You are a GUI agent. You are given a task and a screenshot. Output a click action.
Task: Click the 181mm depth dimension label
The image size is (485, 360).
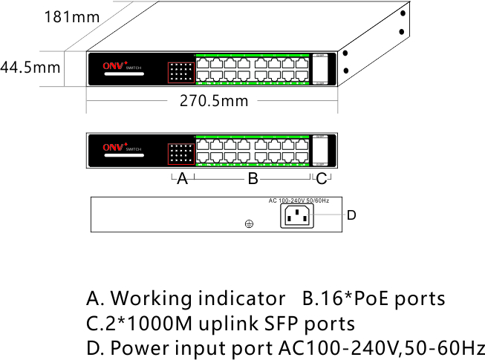click(72, 16)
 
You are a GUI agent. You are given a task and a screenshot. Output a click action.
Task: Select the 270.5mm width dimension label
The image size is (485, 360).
click(214, 101)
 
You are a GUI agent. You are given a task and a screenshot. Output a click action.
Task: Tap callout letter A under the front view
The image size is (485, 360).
click(182, 179)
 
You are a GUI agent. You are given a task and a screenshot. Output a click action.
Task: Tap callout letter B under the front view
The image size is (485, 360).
click(253, 179)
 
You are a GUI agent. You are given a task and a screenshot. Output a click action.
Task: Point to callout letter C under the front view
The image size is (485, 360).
click(321, 179)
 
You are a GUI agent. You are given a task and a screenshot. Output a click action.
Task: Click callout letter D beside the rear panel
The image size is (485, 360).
click(352, 215)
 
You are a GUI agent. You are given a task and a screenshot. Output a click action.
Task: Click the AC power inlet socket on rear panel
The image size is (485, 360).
click(296, 216)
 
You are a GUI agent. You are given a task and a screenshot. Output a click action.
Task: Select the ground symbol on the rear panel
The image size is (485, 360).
click(250, 223)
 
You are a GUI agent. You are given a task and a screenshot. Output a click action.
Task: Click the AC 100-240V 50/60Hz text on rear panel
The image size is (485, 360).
click(299, 201)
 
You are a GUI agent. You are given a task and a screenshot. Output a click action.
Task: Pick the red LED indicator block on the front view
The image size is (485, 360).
click(180, 153)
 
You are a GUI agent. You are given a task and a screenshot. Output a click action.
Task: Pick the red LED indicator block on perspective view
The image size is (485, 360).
click(180, 72)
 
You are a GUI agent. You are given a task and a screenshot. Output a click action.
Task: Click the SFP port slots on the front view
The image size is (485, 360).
click(320, 152)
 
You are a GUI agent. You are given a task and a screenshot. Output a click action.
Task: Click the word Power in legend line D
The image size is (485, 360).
click(137, 348)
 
